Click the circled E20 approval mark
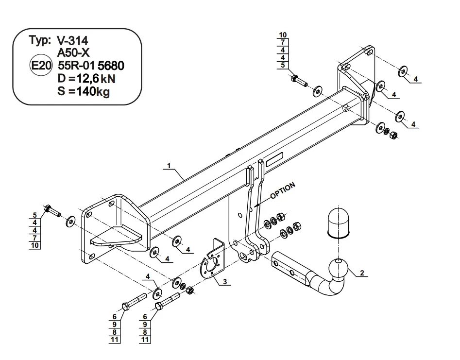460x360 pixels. (41, 65)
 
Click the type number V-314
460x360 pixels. (72, 41)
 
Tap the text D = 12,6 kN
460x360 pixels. (86, 79)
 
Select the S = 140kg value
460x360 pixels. (84, 91)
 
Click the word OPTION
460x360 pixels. (283, 191)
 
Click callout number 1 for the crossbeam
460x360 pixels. (169, 166)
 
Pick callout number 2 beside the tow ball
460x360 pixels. (362, 273)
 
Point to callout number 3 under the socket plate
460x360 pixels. (225, 282)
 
